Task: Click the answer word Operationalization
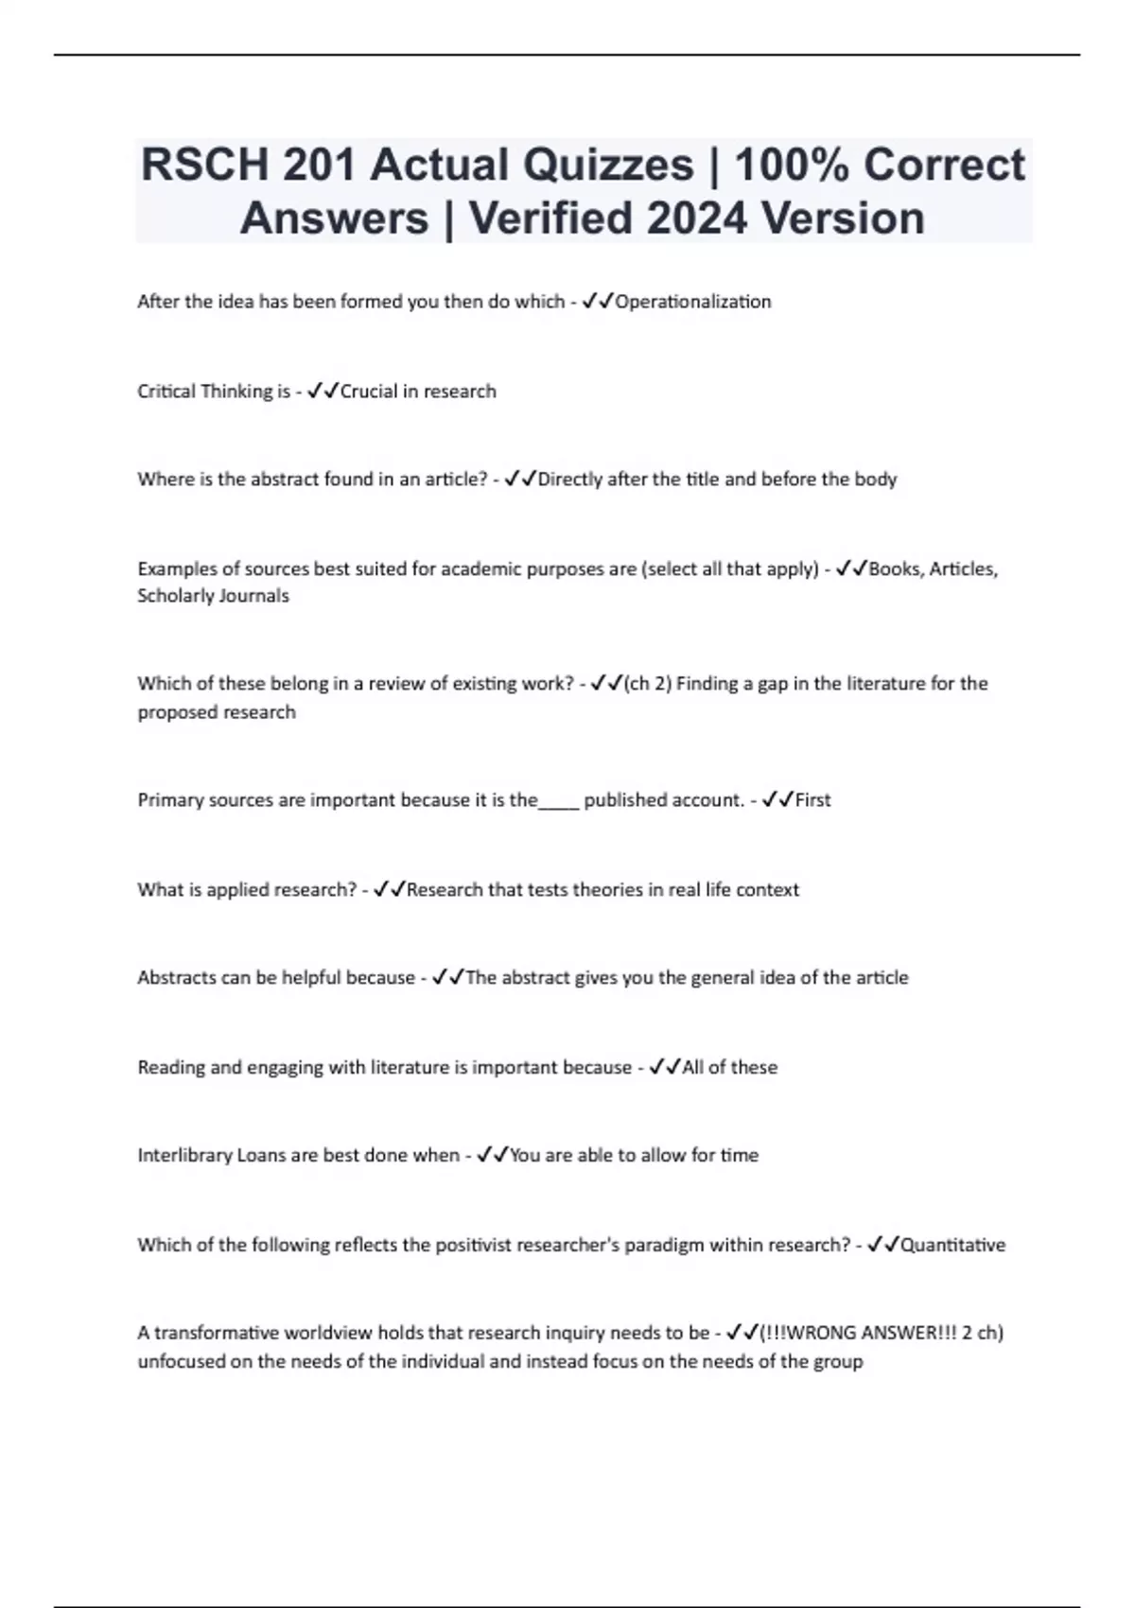(693, 302)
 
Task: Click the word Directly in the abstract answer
(569, 480)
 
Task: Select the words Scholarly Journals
(213, 596)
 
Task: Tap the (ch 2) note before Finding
(648, 684)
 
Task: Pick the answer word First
(812, 800)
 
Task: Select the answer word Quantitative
(952, 1245)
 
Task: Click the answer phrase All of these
(729, 1067)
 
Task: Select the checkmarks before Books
(852, 568)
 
